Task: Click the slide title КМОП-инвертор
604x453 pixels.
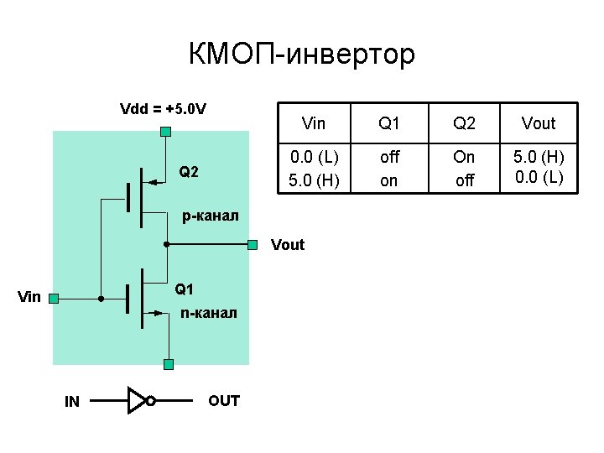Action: [302, 55]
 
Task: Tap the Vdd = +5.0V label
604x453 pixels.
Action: [164, 109]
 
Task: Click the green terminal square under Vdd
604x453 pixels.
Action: [166, 131]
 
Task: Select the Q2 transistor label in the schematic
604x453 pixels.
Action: [189, 173]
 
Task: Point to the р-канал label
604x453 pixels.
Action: [211, 216]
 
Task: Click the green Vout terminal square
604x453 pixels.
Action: [253, 245]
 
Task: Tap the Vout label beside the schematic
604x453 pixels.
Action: [288, 246]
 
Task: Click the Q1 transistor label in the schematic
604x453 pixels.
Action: [185, 290]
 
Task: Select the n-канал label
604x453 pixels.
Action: [209, 313]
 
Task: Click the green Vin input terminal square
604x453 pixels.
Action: [53, 298]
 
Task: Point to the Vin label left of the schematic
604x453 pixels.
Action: [29, 297]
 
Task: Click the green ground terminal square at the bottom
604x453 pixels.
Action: [169, 364]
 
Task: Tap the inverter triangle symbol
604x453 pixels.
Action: [137, 401]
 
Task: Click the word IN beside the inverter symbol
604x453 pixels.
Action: [72, 402]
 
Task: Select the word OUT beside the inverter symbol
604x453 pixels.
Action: [224, 401]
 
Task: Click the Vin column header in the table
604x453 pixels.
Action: [313, 124]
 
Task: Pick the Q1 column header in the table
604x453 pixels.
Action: [389, 124]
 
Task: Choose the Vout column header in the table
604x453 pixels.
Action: [539, 124]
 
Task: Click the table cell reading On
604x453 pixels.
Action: [464, 158]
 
